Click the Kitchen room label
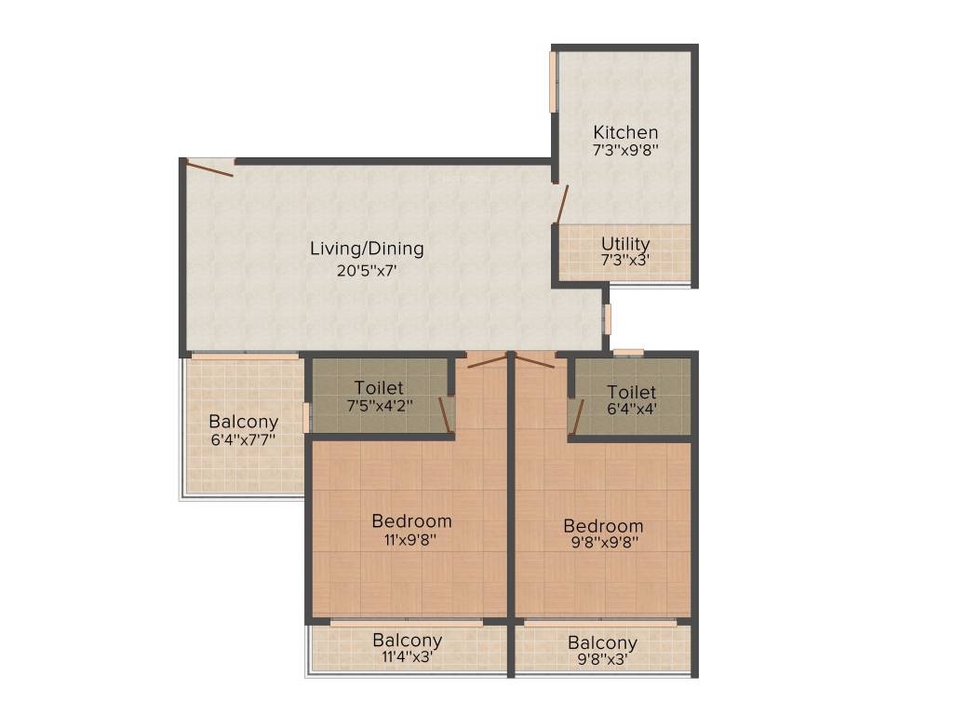625,132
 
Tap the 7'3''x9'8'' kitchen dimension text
625,150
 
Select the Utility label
625,243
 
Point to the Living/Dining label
367,249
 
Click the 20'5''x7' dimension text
367,270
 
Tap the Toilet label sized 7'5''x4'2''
379,387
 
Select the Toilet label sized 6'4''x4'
632,392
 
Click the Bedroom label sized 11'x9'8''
411,521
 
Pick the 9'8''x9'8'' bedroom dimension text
604,543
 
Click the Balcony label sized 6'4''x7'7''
243,422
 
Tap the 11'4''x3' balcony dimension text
408,656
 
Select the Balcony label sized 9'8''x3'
602,642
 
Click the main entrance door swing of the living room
209,168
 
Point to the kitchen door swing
563,205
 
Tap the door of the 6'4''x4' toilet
578,417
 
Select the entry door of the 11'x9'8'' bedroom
487,362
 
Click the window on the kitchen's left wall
553,82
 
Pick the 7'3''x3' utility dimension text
625,261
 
